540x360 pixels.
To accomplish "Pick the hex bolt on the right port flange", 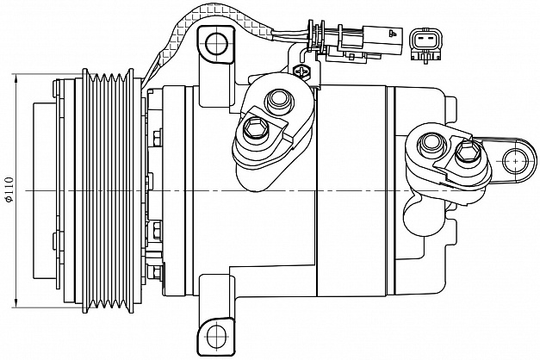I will [x=466, y=155].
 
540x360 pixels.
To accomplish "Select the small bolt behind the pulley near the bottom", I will [x=155, y=273].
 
